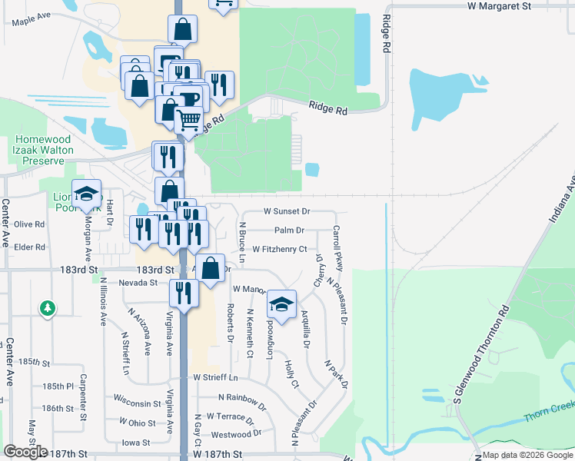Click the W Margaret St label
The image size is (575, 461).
coord(499,5)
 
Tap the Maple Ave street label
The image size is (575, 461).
coord(31,19)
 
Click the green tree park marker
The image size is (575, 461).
coord(48,308)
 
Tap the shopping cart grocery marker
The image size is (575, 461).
coord(188,121)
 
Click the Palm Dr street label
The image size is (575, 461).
coord(289,230)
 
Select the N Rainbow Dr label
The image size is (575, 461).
coord(241,398)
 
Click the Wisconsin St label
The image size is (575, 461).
coord(137,402)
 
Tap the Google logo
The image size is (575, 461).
coord(25,452)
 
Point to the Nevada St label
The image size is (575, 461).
coord(138,283)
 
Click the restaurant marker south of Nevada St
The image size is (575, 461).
coord(183,293)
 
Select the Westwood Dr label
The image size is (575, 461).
coord(240,433)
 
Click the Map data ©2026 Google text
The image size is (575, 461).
coord(527,455)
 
